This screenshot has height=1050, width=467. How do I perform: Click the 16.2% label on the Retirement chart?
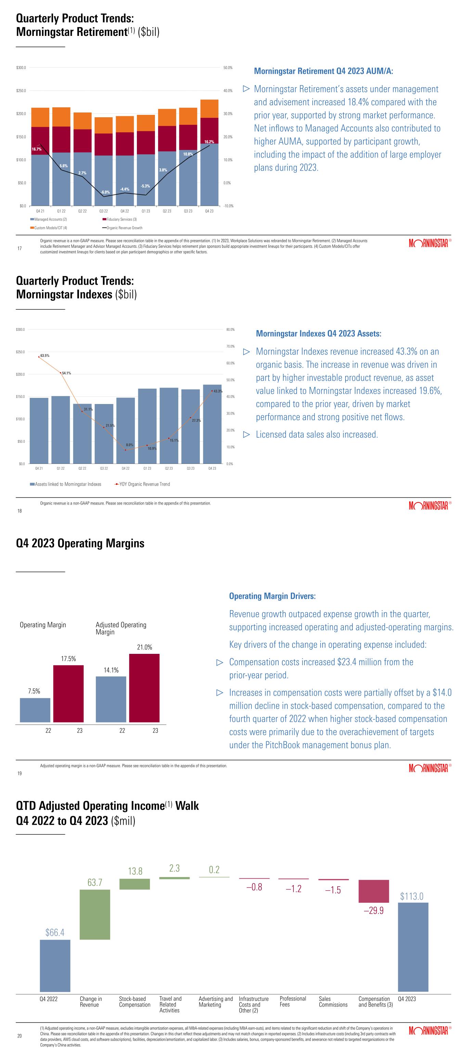209,142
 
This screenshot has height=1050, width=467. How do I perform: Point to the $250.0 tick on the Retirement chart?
21,91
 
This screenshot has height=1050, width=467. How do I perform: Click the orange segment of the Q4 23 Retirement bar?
209,108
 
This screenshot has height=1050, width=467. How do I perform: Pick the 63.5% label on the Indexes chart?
44,356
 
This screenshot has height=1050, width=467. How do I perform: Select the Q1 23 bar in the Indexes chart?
147,426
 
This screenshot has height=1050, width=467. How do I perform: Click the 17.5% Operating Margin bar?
68,694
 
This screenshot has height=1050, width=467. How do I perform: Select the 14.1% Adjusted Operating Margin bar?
111,699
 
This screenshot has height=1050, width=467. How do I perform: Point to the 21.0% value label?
144,647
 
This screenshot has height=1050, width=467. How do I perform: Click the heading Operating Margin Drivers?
272,596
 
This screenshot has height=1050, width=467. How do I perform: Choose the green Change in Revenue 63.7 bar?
95,914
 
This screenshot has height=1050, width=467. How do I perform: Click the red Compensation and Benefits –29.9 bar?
374,891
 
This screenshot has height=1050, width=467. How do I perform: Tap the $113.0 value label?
412,896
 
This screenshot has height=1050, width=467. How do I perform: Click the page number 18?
20,511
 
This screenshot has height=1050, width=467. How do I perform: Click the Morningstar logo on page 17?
428,244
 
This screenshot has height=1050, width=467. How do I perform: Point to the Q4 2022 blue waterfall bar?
55,965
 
